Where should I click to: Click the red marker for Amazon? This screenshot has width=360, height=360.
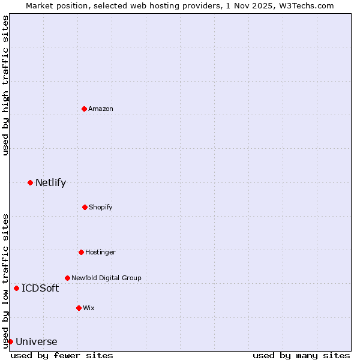(84, 109)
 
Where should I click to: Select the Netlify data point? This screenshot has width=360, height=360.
(30, 182)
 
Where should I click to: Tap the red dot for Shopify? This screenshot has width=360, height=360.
(85, 207)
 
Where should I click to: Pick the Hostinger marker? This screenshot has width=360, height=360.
(81, 252)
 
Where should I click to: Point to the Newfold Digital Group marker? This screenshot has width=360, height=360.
(67, 278)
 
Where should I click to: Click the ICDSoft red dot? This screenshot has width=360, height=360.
(16, 288)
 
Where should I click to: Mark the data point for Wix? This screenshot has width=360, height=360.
(79, 308)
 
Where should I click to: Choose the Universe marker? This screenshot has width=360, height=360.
(10, 341)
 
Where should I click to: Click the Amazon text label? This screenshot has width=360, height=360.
(101, 109)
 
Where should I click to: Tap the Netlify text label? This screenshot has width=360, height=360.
(50, 182)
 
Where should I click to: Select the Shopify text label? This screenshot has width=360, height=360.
(101, 207)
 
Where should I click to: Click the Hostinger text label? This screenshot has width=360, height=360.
(100, 252)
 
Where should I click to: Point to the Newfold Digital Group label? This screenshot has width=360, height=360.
(106, 278)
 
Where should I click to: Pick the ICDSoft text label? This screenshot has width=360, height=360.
(40, 288)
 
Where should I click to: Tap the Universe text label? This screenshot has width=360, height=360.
(37, 342)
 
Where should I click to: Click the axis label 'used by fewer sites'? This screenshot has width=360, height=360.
(62, 355)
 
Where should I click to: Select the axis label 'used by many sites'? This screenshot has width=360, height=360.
(301, 355)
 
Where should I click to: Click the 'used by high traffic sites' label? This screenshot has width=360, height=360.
(5, 85)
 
